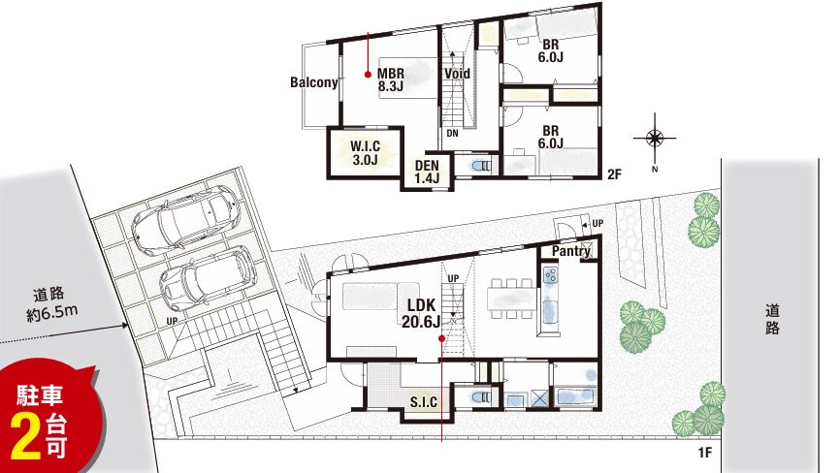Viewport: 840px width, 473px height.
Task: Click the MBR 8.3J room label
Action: coord(391,79)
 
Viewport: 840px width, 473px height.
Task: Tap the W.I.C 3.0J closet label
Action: coord(366,152)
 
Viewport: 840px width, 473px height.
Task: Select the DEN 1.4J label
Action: coord(427,172)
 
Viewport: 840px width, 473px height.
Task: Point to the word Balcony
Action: coord(314,82)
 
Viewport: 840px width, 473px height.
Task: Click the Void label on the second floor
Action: coord(457,74)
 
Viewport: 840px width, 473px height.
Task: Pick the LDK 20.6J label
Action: coord(422,313)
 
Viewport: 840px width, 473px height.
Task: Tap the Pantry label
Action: coord(571,251)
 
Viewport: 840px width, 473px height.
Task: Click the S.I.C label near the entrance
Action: coord(424,402)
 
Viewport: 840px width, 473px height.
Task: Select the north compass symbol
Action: coord(655,139)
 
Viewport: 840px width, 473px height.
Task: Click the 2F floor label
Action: coord(614,173)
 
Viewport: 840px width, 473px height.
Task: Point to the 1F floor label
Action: coord(705,454)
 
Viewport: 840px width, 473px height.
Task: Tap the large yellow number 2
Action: coord(26,436)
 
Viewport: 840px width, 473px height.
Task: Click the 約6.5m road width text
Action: coord(52,313)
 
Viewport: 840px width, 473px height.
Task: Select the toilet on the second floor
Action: coord(481,167)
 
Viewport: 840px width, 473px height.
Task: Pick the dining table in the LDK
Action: coord(511,299)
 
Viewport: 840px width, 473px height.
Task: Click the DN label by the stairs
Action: coord(453,133)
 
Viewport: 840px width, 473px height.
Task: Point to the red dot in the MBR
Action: coord(368,75)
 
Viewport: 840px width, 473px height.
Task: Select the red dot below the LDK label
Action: coord(441,338)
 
